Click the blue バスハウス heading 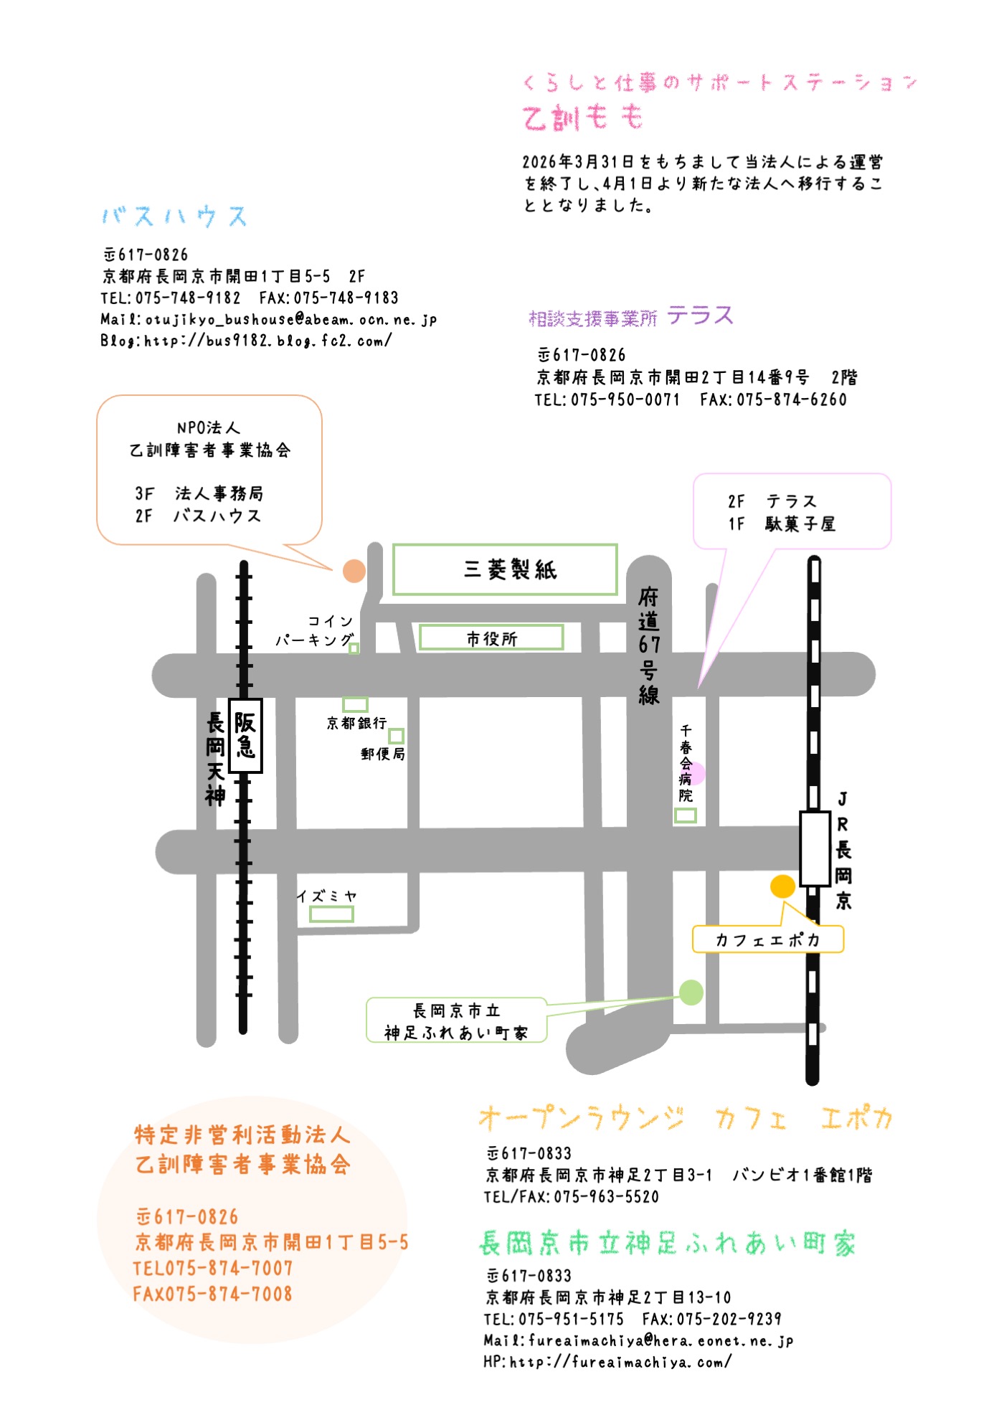click(174, 216)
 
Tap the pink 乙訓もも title click(582, 117)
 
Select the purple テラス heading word click(700, 316)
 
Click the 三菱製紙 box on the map click(505, 569)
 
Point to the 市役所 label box click(491, 638)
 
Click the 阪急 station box click(245, 735)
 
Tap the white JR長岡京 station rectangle click(815, 848)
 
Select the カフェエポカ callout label click(767, 939)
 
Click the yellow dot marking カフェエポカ click(782, 886)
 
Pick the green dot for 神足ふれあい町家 click(691, 993)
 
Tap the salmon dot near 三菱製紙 click(354, 571)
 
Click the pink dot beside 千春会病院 click(696, 773)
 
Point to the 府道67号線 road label click(648, 645)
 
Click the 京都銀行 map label click(356, 723)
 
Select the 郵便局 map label click(382, 754)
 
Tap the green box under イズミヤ click(331, 914)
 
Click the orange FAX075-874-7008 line click(213, 1294)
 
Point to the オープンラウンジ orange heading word click(581, 1117)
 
